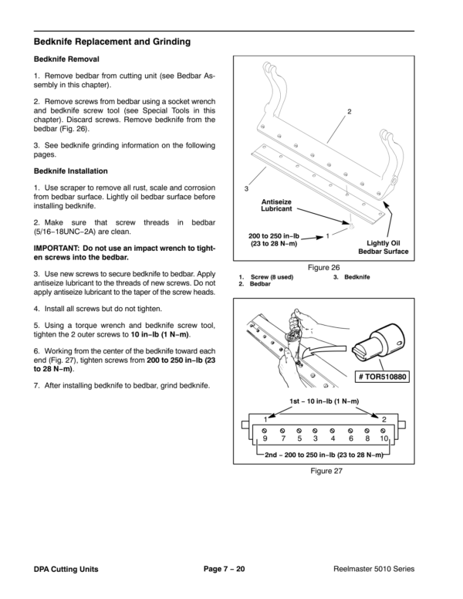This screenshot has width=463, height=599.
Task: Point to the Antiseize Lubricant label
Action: tap(276, 206)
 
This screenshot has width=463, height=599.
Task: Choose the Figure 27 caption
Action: tap(325, 470)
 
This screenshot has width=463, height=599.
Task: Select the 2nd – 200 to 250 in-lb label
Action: tap(325, 455)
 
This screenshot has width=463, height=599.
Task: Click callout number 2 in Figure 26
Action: tap(349, 113)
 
